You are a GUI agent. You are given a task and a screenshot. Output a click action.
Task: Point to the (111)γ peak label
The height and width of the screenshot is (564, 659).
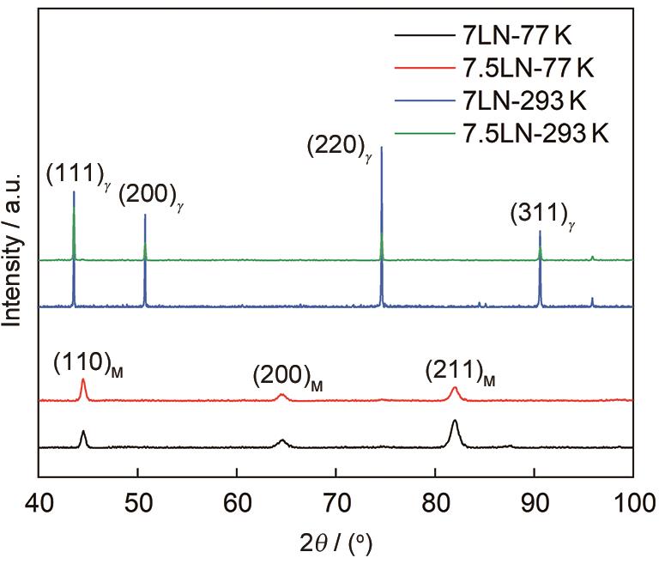(x=78, y=176)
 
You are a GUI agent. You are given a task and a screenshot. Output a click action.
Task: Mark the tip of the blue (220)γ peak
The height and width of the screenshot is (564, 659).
(x=381, y=147)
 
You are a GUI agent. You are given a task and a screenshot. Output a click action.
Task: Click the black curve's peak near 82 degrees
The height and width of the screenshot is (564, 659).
(x=454, y=421)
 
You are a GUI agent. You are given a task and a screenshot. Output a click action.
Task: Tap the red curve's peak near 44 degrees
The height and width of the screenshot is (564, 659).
(x=82, y=379)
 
